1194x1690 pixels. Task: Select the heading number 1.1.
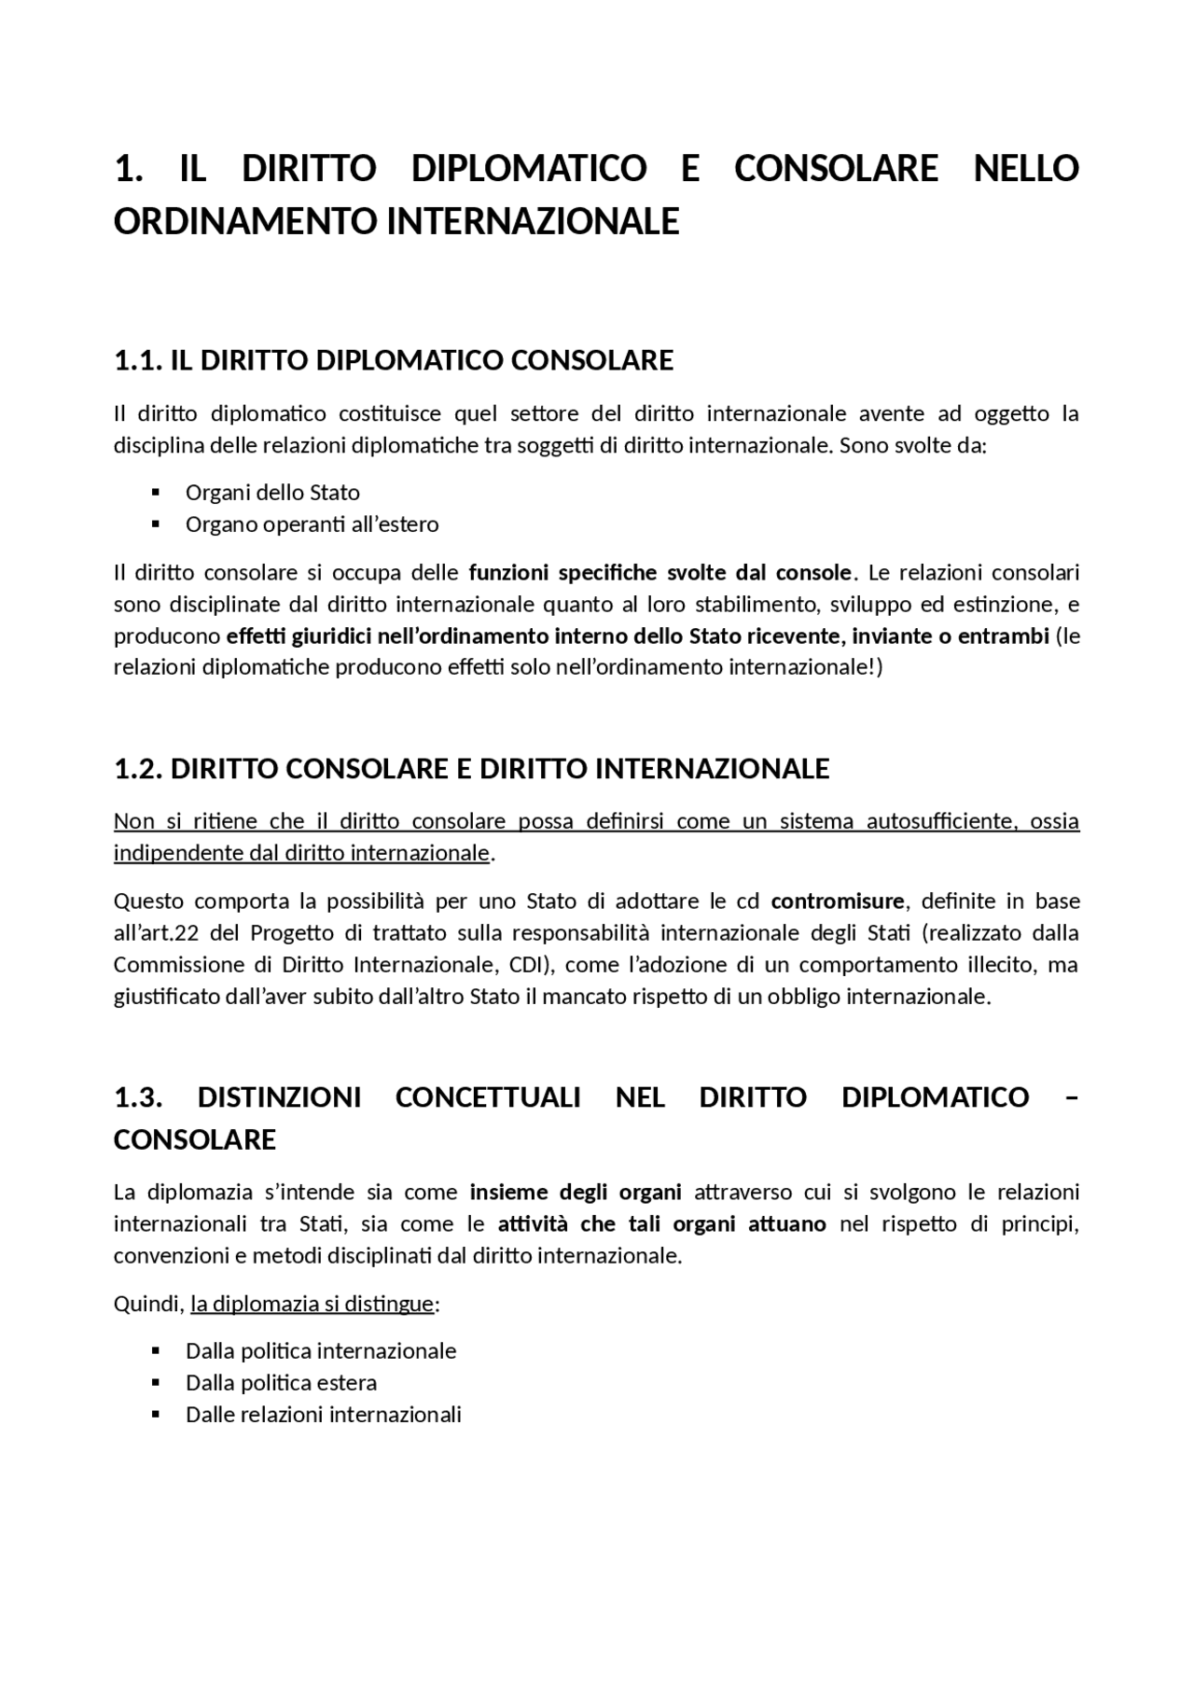(139, 361)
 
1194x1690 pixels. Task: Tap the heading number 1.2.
(139, 769)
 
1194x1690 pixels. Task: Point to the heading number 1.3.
(139, 1097)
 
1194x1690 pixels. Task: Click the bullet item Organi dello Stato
(272, 493)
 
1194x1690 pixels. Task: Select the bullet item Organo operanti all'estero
(312, 524)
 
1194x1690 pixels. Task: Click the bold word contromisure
(838, 901)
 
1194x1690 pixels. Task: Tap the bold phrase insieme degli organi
(576, 1193)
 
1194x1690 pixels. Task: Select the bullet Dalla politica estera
(281, 1383)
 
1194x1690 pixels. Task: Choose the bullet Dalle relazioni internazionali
(323, 1415)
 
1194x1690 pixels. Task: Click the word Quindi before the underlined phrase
(147, 1304)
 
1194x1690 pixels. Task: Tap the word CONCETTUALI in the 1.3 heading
(488, 1097)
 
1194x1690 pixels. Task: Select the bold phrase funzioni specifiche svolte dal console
(659, 572)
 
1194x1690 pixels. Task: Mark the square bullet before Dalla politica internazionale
(156, 1350)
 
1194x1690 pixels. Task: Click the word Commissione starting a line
(176, 965)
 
